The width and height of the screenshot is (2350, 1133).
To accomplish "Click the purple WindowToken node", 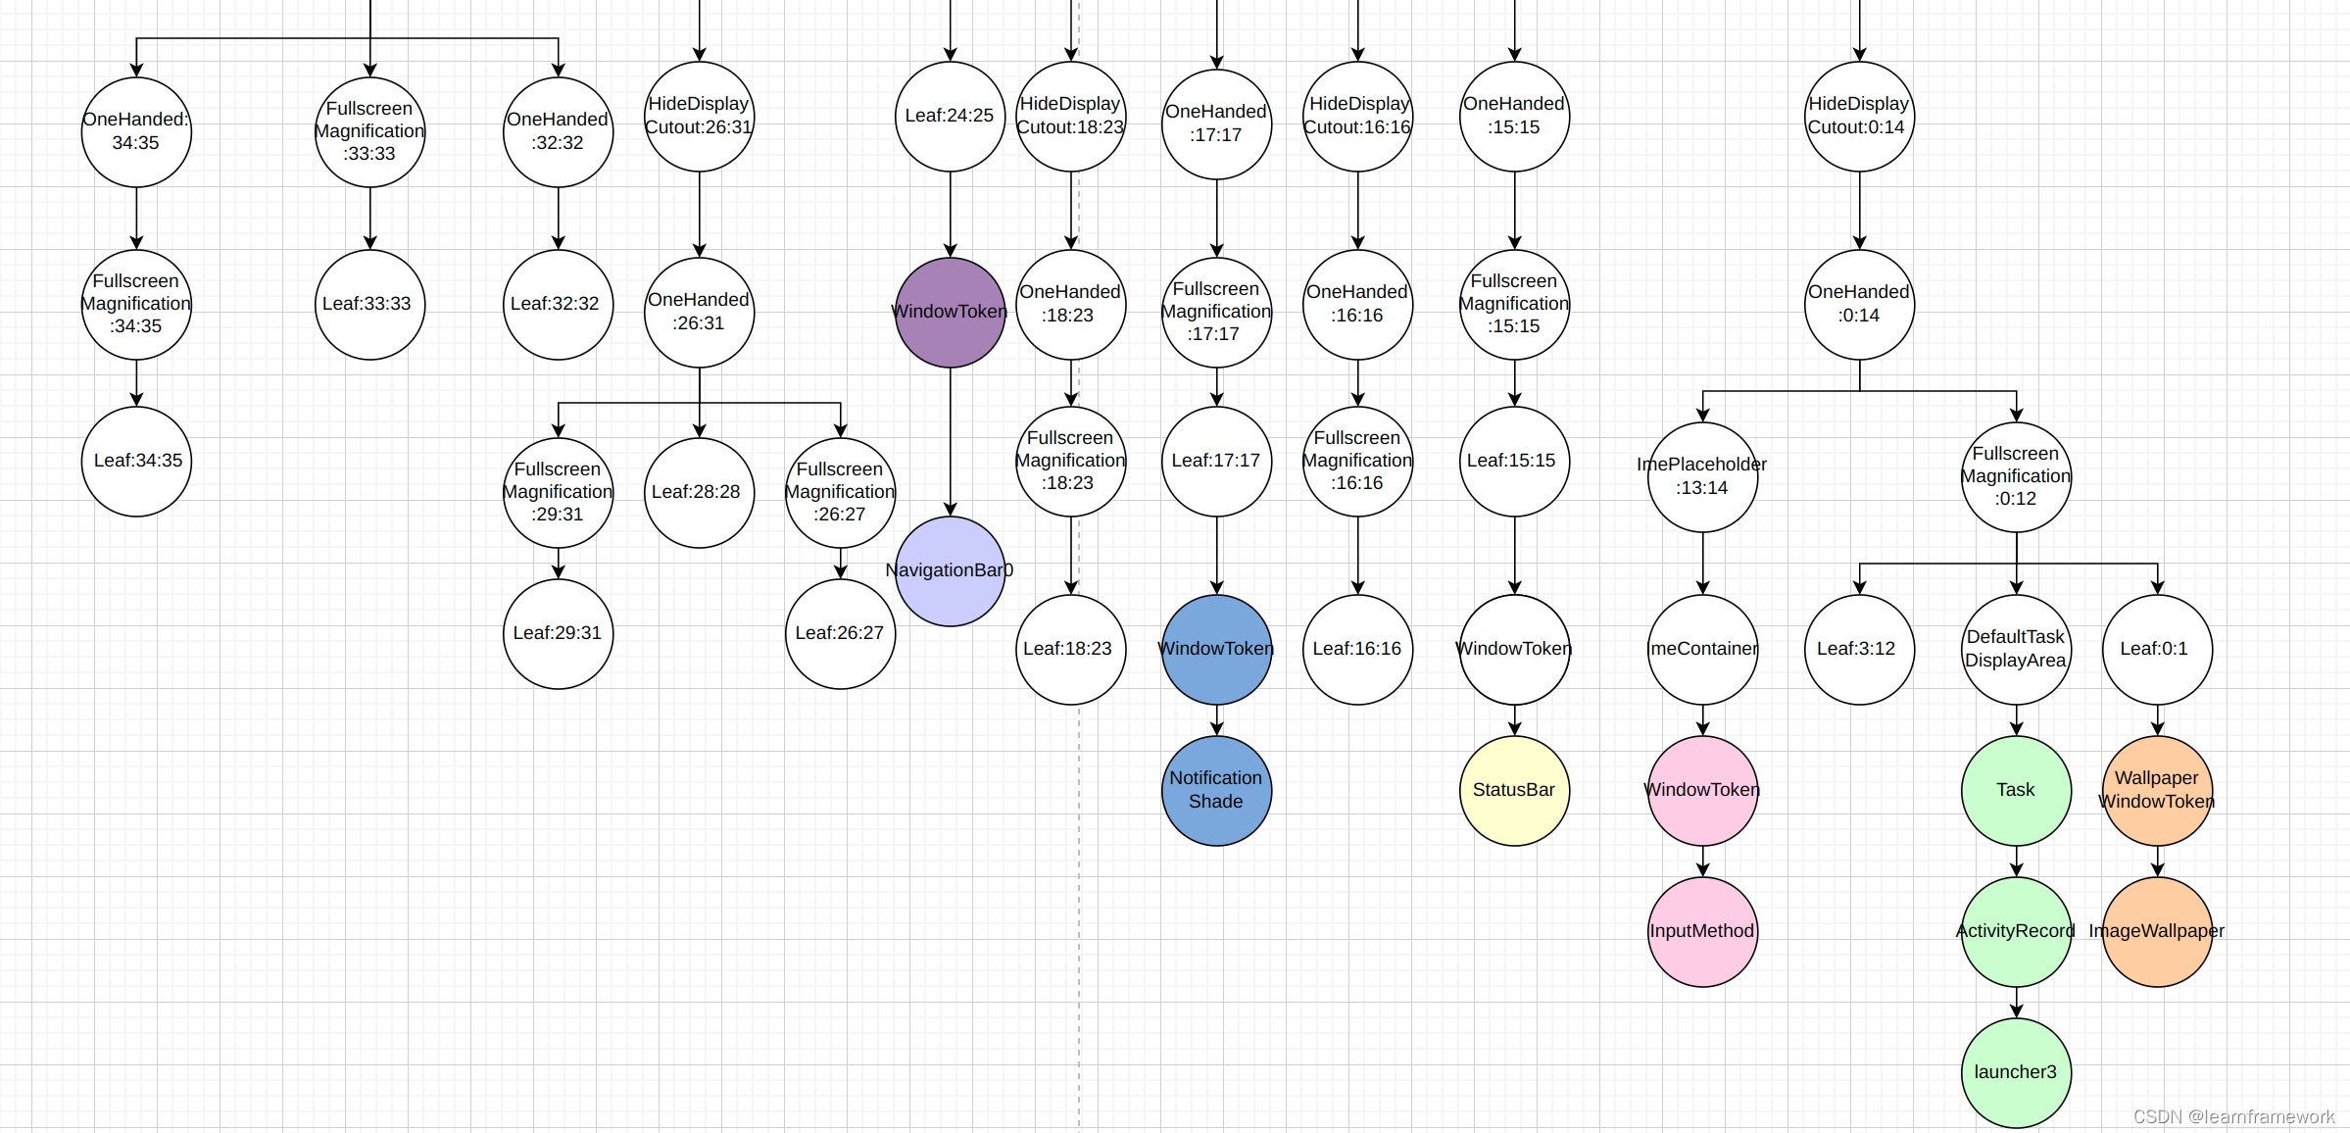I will [950, 312].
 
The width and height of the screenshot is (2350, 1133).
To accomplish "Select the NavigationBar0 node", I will [950, 570].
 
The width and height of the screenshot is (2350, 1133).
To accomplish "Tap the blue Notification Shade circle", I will [1216, 790].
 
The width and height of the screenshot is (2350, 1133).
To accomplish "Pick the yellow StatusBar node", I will [1514, 790].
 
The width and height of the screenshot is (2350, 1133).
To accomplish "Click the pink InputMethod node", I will [1702, 931].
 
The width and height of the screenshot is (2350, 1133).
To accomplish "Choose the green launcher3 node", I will [2016, 1072].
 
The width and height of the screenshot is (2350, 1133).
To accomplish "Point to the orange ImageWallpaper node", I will [2157, 931].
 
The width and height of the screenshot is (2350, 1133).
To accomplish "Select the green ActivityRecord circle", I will [2016, 931].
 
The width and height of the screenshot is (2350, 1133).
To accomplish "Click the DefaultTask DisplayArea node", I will [2016, 649].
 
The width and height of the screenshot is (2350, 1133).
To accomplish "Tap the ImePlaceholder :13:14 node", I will [1702, 476].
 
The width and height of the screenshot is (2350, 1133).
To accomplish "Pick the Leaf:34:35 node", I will [136, 461].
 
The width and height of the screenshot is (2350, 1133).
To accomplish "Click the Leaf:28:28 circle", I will [699, 492].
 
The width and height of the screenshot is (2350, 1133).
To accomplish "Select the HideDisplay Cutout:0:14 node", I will [1859, 116].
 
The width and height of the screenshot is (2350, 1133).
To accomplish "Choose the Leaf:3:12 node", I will [1859, 649].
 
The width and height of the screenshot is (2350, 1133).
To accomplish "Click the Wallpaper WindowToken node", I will [2157, 790].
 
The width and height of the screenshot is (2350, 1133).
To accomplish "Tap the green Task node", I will [2016, 790].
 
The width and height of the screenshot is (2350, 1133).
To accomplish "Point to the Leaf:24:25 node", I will [950, 116].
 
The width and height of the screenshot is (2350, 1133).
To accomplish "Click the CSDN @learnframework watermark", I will [2233, 1116].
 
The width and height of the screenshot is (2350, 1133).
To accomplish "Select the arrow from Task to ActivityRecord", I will [2016, 862].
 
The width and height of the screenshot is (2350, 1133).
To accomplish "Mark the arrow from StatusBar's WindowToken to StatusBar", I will [1514, 720].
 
